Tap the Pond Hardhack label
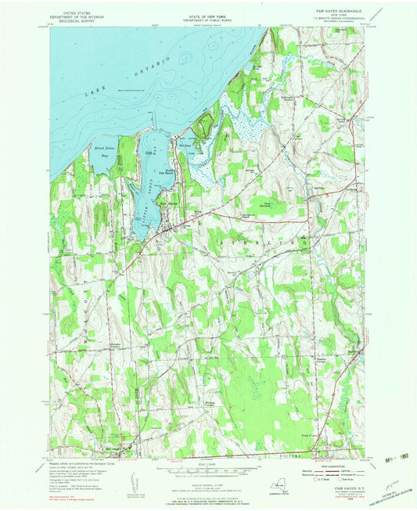tap(266, 205)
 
